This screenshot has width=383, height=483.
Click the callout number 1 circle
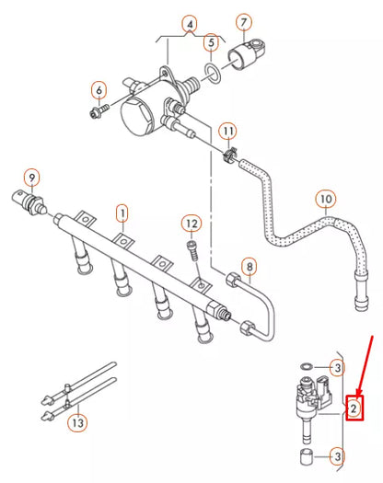point(122,213)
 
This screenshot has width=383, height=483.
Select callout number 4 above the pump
point(190,23)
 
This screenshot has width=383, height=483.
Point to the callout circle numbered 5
point(211,41)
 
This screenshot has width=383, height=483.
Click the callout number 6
point(98,89)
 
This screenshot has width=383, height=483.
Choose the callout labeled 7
point(244,21)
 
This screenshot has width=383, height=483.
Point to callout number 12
point(191,223)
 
